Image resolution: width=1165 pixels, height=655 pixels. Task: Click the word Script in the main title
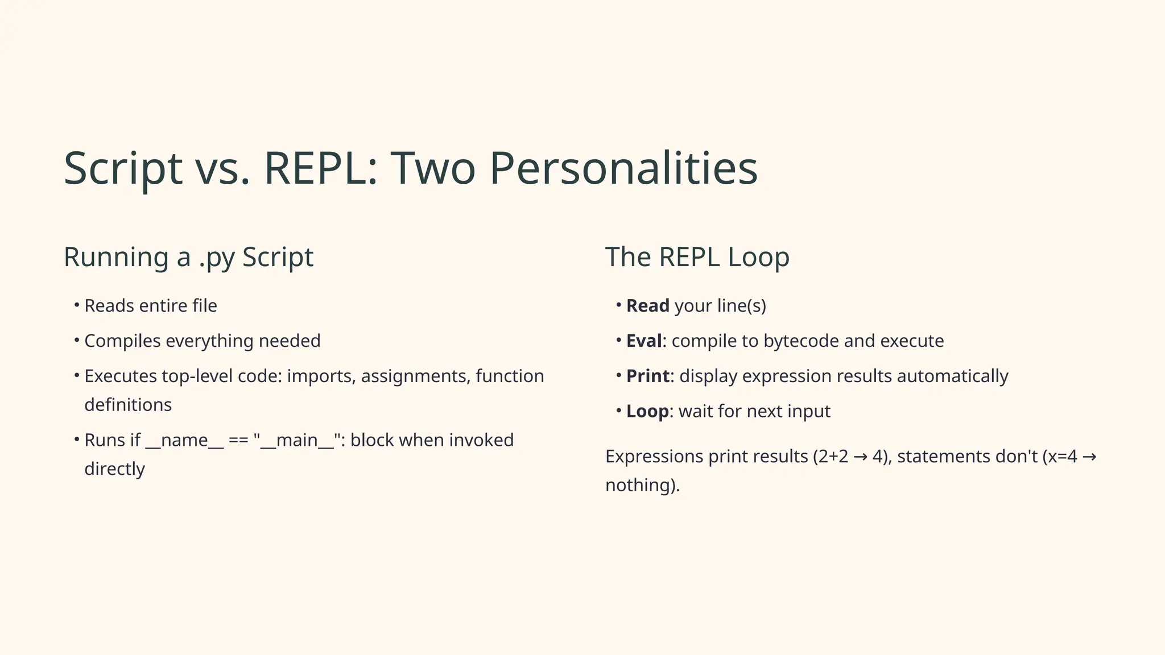(123, 168)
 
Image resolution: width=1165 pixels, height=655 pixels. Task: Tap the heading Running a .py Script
(188, 257)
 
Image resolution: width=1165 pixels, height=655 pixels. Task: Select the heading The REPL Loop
(697, 257)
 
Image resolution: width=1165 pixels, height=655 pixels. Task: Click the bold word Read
(647, 306)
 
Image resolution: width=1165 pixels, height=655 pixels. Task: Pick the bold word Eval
(644, 341)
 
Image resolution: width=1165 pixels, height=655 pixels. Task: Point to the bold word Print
(647, 376)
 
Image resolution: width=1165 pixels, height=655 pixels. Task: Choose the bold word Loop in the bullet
(647, 412)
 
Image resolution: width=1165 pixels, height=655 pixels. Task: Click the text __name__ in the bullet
(184, 441)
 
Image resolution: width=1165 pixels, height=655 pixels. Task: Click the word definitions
(128, 405)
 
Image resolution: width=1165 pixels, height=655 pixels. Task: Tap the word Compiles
(122, 341)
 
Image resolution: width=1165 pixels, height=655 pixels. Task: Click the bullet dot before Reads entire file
(76, 306)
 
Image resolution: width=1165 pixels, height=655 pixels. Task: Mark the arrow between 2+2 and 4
(860, 457)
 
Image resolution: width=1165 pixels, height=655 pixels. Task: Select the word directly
(114, 469)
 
